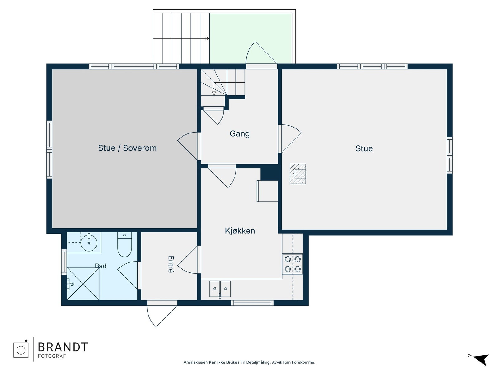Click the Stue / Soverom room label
(127, 148)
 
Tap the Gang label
(240, 133)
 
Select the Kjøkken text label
(240, 231)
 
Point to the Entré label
(171, 264)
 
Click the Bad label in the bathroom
(101, 266)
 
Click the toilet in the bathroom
(124, 245)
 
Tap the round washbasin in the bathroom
(89, 243)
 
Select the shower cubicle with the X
(83, 283)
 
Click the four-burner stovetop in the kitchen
(293, 264)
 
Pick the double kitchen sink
(220, 289)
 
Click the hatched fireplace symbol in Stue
(298, 174)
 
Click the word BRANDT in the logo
(63, 347)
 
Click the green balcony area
(250, 38)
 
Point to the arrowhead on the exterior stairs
(207, 38)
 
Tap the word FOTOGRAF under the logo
(52, 356)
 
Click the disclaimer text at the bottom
(249, 362)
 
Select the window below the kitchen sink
(252, 303)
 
